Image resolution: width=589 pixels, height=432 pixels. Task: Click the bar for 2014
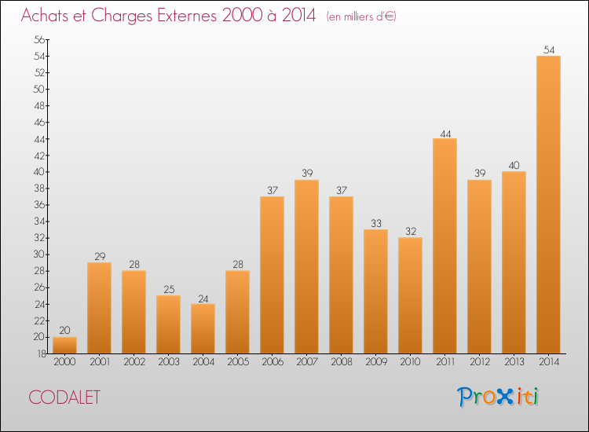click(x=548, y=204)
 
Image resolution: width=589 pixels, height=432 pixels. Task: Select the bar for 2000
click(x=64, y=345)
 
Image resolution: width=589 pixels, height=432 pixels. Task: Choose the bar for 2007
click(x=306, y=266)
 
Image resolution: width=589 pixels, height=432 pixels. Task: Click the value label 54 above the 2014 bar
click(x=548, y=49)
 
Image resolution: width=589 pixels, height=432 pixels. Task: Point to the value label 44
click(x=444, y=133)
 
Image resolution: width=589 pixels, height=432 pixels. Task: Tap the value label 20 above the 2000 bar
click(x=64, y=331)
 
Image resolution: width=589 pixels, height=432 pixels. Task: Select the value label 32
click(x=410, y=232)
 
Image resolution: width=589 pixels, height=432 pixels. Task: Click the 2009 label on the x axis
click(x=375, y=362)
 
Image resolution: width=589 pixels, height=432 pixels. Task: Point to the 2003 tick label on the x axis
click(x=168, y=362)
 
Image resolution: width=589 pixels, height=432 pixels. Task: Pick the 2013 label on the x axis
click(x=514, y=362)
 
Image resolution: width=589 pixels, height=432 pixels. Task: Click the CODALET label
click(x=65, y=397)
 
